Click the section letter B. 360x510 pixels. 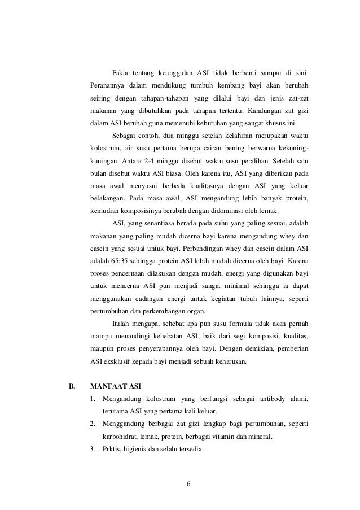[72, 387]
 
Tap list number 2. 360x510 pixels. [93, 424]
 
